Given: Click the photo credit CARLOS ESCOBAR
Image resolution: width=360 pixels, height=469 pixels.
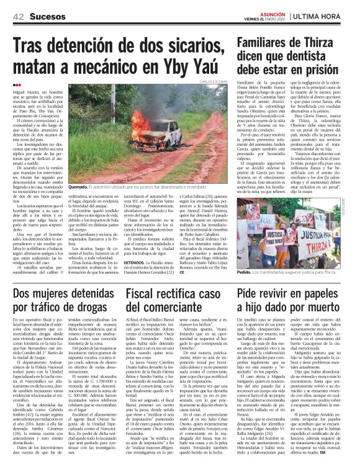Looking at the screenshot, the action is pos(214,82).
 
